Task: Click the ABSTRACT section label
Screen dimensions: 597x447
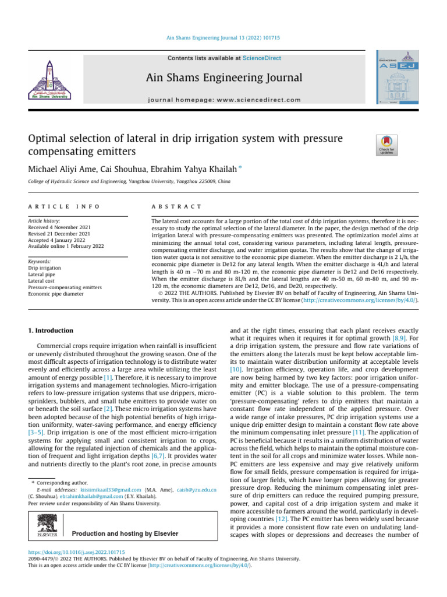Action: point(176,207)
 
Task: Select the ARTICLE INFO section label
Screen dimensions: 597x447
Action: point(64,207)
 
